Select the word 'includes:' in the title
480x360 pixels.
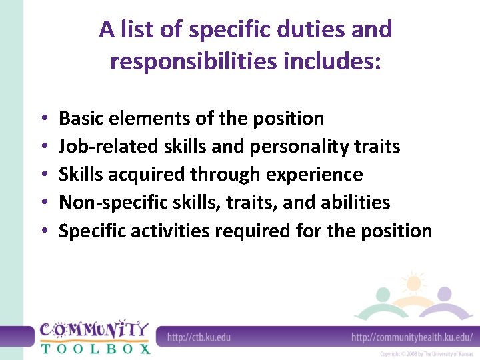(344, 61)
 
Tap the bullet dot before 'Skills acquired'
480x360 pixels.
(43, 175)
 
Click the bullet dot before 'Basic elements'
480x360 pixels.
(43, 119)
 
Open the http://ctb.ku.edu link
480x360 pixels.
(199, 337)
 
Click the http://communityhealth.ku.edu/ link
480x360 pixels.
(412, 337)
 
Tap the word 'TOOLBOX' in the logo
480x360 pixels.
(95, 347)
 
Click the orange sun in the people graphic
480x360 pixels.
(413, 284)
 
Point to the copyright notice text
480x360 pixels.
(427, 353)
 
